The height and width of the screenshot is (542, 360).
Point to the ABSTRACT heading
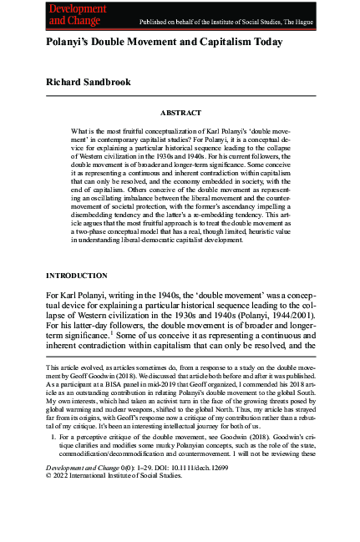pyautogui.click(x=180, y=111)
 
